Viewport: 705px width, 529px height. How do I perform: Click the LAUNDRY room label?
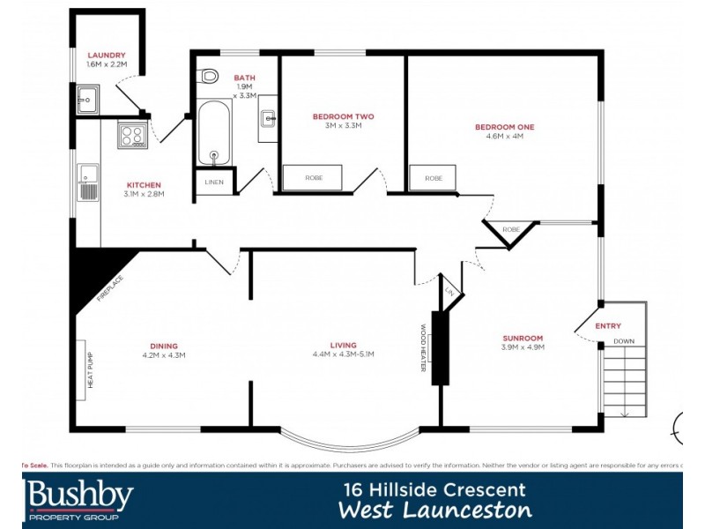click(94, 55)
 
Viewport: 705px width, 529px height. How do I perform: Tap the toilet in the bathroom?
click(209, 77)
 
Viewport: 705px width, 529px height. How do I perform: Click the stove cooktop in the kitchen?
click(132, 135)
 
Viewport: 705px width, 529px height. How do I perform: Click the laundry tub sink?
click(87, 101)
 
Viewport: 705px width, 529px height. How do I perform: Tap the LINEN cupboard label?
click(214, 183)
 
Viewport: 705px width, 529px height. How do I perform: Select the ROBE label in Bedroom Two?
click(314, 177)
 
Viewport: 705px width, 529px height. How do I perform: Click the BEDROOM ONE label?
click(504, 127)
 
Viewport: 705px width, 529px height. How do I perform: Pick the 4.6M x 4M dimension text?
click(504, 137)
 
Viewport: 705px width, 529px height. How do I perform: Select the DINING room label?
click(164, 346)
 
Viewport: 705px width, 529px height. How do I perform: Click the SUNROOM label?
click(523, 338)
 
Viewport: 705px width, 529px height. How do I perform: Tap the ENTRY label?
click(608, 326)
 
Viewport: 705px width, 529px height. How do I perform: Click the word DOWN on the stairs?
click(623, 340)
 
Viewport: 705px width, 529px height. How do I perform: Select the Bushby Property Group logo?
click(79, 500)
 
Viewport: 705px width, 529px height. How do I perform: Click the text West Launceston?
click(435, 510)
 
